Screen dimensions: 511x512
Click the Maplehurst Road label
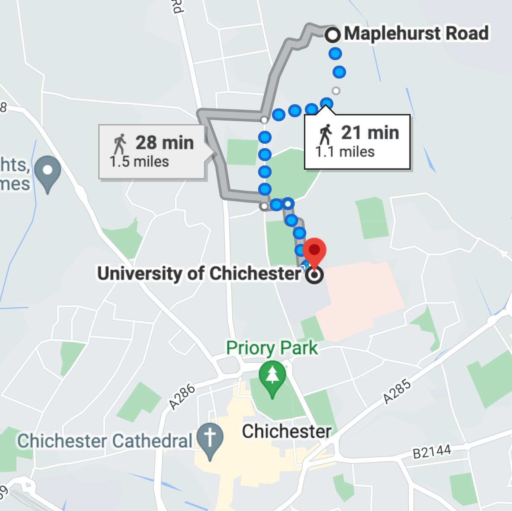pyautogui.click(x=416, y=33)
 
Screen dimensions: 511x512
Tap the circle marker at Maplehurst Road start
pyautogui.click(x=333, y=35)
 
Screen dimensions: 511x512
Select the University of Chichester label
pyautogui.click(x=199, y=273)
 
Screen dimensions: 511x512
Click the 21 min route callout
pyautogui.click(x=357, y=142)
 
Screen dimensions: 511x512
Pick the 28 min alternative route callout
pyautogui.click(x=152, y=152)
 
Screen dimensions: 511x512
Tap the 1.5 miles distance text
pyautogui.click(x=139, y=162)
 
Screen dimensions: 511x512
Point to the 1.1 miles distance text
pyautogui.click(x=345, y=152)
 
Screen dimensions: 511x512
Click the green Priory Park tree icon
pyautogui.click(x=272, y=377)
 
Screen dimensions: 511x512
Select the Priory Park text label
pyautogui.click(x=271, y=348)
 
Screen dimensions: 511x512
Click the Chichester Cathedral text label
pyautogui.click(x=104, y=441)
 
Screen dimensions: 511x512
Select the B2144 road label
pyautogui.click(x=432, y=451)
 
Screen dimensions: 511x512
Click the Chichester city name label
pyautogui.click(x=287, y=431)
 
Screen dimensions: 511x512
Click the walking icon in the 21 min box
pyautogui.click(x=326, y=134)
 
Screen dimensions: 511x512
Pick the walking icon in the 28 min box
pyautogui.click(x=120, y=144)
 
